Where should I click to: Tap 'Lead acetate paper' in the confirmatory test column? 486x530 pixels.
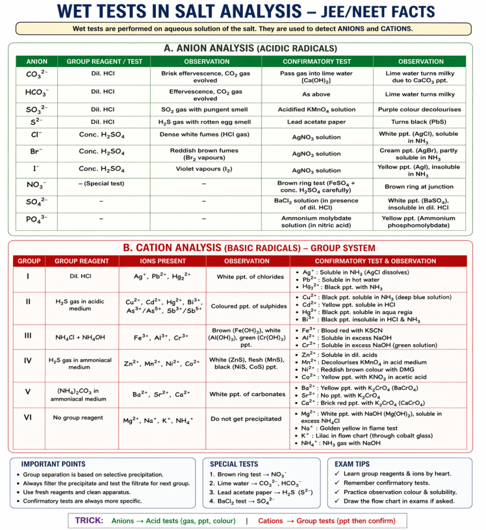317,122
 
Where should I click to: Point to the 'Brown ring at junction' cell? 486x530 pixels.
419,187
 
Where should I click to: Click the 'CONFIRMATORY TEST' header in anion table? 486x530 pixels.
317,62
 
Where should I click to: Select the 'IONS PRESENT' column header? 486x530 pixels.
162,261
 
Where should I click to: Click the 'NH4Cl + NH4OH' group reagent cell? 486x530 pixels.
80,337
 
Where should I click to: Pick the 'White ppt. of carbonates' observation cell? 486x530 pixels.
247,394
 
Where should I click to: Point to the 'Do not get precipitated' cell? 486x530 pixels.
247,419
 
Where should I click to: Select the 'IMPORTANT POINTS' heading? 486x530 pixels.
53,464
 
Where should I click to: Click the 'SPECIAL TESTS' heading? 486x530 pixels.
234,464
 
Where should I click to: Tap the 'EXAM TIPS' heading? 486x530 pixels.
352,464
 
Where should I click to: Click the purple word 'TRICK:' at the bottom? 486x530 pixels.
89,521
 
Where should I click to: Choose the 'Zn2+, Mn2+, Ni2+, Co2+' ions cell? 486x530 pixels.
162,364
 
